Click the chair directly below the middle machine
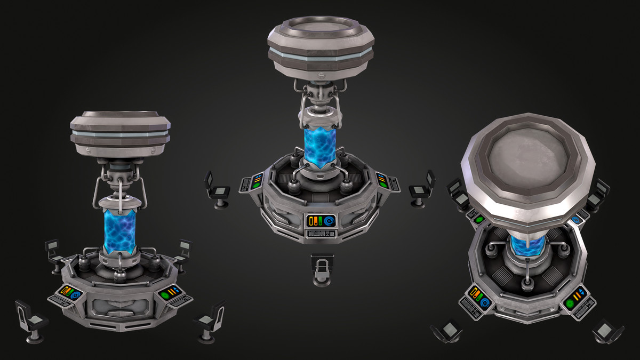[322, 269]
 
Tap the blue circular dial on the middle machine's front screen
[329, 221]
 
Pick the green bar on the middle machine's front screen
[321, 221]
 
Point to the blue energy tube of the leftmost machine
[120, 231]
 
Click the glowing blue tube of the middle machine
[320, 144]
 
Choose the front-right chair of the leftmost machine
[210, 321]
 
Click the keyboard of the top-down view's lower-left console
[471, 307]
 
